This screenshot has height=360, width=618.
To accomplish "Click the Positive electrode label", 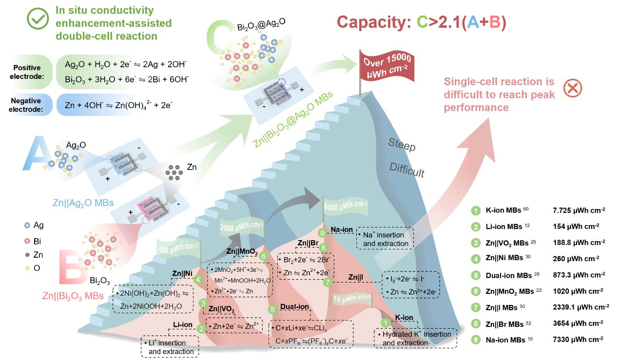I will [x=27, y=72].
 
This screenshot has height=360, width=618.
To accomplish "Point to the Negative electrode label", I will [x=27, y=105].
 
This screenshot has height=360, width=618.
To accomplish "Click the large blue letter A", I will [x=37, y=153].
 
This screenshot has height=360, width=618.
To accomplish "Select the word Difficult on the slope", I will [x=407, y=171].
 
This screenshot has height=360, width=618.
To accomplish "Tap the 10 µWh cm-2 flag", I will [x=349, y=298].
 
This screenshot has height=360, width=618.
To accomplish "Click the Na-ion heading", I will [x=342, y=230].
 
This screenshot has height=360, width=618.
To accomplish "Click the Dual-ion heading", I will [x=294, y=307].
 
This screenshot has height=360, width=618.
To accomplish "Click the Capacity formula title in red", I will [x=422, y=22].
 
